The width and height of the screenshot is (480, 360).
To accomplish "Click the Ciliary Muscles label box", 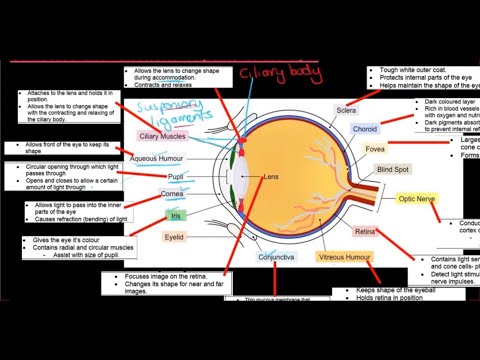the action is click(162, 136).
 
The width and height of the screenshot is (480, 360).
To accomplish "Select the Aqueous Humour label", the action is click(157, 158).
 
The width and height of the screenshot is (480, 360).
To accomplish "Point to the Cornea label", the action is click(171, 194).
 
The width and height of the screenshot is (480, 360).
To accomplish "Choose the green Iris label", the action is click(176, 214).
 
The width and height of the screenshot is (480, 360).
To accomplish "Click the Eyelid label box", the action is click(174, 238).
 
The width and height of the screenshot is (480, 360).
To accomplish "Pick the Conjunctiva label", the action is click(276, 257).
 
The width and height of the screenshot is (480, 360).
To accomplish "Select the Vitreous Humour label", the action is click(345, 257).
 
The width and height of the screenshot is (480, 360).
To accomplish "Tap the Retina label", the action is click(365, 232).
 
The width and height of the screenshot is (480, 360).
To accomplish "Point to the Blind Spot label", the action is click(393, 170).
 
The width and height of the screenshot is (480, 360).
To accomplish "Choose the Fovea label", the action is click(375, 149).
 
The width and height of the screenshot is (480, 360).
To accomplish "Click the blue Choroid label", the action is click(365, 129).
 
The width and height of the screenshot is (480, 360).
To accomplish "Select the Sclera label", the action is click(346, 110).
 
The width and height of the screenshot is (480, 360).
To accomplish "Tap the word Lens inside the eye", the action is click(271, 177).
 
